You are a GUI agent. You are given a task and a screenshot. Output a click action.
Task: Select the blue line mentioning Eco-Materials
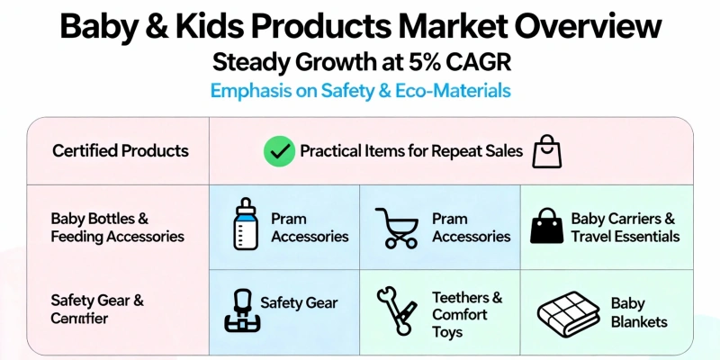359,91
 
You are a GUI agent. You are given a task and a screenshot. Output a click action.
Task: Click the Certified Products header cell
121,150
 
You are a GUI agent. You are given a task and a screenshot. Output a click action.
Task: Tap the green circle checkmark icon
278,150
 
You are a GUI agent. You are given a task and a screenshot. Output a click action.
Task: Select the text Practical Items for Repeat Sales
410,150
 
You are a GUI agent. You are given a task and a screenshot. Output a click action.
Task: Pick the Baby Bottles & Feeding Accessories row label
117,228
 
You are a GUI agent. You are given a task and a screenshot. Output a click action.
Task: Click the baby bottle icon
245,225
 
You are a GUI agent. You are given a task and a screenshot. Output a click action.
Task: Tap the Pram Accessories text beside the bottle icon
310,228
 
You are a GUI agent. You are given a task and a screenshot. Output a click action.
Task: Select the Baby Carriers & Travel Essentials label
625,228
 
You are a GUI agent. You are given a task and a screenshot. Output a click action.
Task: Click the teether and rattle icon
396,310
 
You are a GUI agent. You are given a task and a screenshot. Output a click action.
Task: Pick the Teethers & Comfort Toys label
466,314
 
